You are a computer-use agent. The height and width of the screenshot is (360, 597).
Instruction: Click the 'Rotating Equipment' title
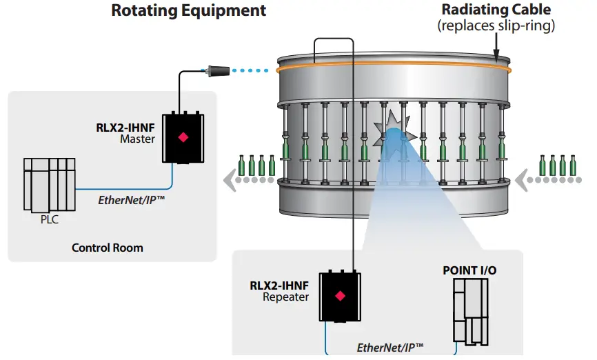coord(188,10)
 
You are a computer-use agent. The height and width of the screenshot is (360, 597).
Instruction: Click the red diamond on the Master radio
coord(183,137)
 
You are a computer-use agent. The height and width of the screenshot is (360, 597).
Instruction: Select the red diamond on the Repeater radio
coord(339,296)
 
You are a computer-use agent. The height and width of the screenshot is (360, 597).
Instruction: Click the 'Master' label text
coord(138,139)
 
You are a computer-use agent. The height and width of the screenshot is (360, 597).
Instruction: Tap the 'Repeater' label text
coord(286,297)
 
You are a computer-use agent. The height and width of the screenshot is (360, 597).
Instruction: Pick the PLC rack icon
coord(48,184)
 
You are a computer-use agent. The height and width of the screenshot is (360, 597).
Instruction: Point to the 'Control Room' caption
coord(108,247)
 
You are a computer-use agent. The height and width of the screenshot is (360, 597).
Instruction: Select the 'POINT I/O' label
coord(469,270)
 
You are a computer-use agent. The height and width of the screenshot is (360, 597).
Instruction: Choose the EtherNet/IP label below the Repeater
coord(390,347)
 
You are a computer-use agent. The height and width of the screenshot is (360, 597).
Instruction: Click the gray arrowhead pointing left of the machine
coord(228,181)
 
